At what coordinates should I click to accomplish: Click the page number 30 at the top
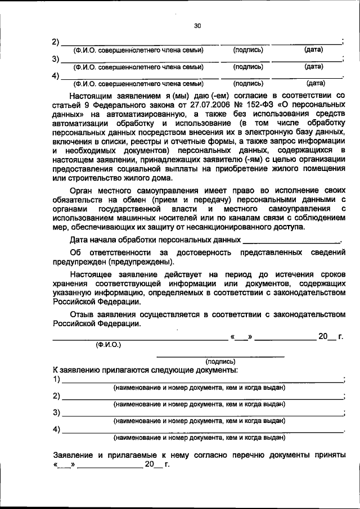197,25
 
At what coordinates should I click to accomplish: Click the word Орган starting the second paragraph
85,191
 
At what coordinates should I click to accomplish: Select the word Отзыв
84,313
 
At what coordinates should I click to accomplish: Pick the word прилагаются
116,370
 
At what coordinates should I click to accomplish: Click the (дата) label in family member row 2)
313,49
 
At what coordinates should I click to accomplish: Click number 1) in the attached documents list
56,380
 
